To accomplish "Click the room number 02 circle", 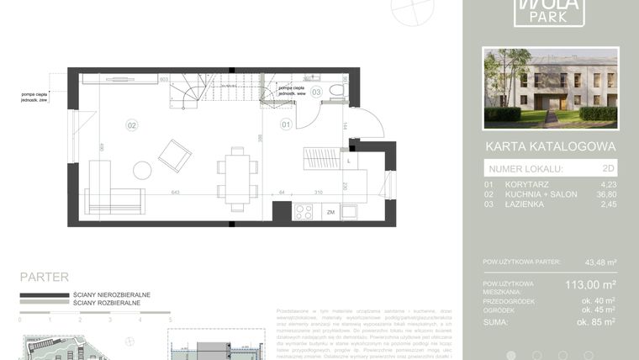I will [132, 125].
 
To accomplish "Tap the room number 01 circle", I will [285, 125].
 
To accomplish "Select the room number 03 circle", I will [316, 92].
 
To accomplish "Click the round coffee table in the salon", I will [142, 170].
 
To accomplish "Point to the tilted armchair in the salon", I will [175, 155].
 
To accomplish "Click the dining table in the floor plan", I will [237, 178].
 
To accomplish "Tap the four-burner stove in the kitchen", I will [303, 212].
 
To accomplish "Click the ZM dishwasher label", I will [331, 212].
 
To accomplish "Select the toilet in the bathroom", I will [337, 90].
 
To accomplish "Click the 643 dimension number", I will [176, 193].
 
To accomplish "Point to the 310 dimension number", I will [319, 193].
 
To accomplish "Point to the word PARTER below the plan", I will [44, 277].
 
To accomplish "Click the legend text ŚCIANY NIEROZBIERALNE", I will [112, 295].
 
